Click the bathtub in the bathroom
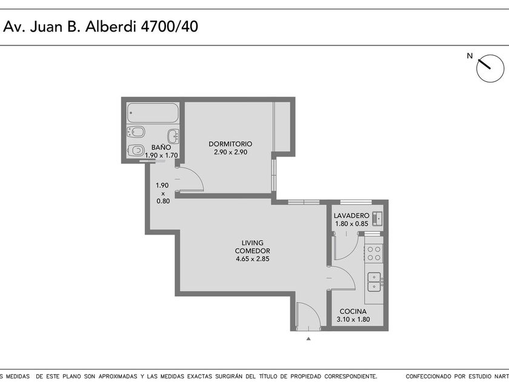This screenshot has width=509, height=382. click(x=153, y=113)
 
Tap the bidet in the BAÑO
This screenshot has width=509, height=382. click(x=136, y=132)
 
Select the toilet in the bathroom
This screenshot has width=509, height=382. click(x=136, y=150)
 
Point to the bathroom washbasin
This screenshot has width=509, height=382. click(x=173, y=136)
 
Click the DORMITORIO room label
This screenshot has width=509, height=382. click(x=230, y=144)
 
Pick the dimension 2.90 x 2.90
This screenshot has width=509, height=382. click(x=230, y=152)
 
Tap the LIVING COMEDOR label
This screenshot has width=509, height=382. click(x=252, y=247)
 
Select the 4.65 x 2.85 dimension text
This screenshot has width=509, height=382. click(x=252, y=259)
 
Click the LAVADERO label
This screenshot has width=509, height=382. click(x=351, y=215)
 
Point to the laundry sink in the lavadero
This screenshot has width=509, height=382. click(x=377, y=218)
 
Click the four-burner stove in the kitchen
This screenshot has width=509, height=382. click(x=374, y=253)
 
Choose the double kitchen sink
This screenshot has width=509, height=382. click(x=374, y=282)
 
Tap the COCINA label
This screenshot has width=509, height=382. click(x=353, y=311)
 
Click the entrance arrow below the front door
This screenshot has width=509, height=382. click(x=308, y=339)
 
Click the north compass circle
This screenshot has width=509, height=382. click(x=490, y=68)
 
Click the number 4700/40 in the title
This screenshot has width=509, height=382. click(x=169, y=27)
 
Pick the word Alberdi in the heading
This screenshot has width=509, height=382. click(x=110, y=27)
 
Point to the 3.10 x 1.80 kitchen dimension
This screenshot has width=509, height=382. click(x=353, y=320)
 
